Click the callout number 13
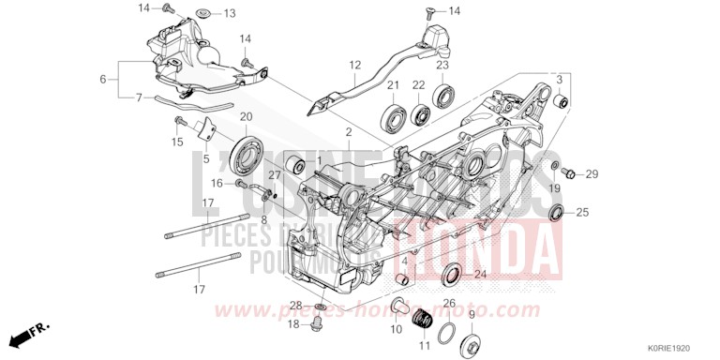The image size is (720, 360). coord(230,13)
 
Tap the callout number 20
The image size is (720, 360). coord(247,116)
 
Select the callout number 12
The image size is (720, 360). coord(356,66)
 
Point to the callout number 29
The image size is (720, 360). coord(592,174)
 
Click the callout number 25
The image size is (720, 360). coord(581,213)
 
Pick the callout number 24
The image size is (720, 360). coord(480,275)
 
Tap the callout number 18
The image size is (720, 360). coord(292,323)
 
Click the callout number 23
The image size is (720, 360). coord(441,65)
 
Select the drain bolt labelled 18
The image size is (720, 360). coord(318,324)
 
